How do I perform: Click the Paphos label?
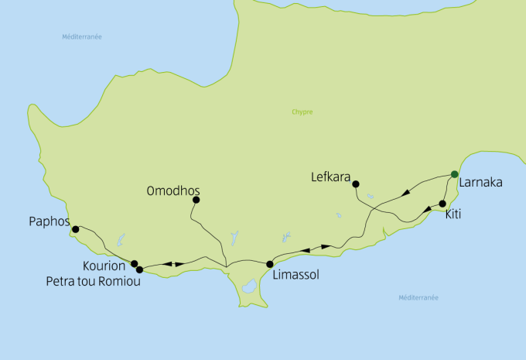click(x=49, y=221)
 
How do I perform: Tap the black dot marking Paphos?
click(x=76, y=229)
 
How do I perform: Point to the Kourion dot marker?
click(x=135, y=264)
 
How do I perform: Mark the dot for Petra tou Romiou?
click(x=139, y=270)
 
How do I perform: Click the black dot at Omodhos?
click(x=196, y=201)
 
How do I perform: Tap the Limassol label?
click(x=296, y=274)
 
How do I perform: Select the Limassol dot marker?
click(x=270, y=263)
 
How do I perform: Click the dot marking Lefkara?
click(x=356, y=183)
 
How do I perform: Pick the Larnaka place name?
click(x=480, y=183)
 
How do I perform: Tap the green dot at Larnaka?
click(x=454, y=174)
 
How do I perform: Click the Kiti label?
click(x=453, y=214)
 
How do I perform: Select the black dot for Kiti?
click(x=442, y=204)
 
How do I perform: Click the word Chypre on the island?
click(x=302, y=111)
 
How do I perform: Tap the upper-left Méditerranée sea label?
click(x=82, y=36)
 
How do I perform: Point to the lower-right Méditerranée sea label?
click(x=418, y=297)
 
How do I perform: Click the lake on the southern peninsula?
click(x=249, y=287)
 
